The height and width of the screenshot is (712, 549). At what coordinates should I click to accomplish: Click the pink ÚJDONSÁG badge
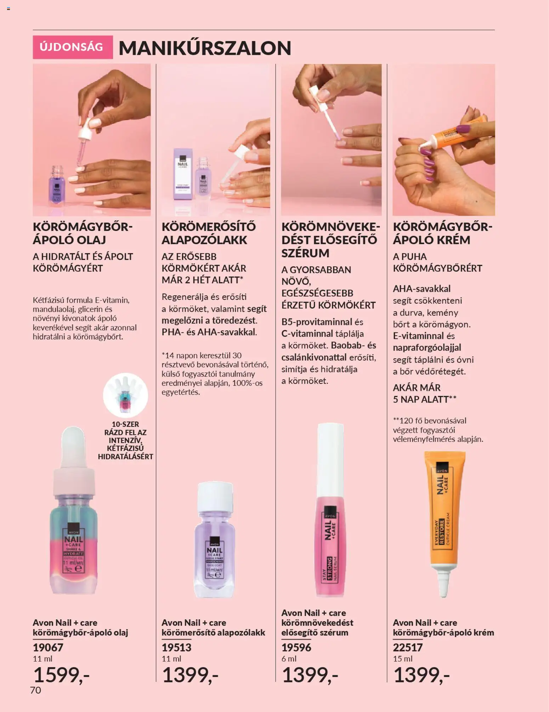tap(73, 47)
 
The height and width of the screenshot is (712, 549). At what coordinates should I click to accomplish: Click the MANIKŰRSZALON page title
tap(205, 48)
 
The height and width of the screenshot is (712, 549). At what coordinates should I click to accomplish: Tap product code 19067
tap(48, 648)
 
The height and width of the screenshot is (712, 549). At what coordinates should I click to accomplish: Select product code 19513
tap(176, 648)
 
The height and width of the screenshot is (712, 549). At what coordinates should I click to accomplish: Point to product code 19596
tap(296, 648)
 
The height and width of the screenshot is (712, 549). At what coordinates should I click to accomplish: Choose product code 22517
tap(408, 648)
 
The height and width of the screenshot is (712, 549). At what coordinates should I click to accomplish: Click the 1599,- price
tap(61, 675)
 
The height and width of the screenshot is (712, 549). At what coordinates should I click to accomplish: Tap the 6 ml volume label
tap(289, 659)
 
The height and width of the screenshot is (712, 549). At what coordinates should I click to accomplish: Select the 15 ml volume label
tap(403, 659)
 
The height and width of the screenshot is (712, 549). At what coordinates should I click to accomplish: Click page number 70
tap(35, 690)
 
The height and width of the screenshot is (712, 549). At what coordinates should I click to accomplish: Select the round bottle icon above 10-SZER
tap(125, 395)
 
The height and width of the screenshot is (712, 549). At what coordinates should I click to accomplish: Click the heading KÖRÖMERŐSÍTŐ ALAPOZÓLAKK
tap(209, 233)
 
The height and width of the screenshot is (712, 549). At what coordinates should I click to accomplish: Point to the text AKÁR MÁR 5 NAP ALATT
tap(424, 393)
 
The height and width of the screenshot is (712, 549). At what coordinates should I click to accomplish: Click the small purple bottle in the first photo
tap(57, 186)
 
